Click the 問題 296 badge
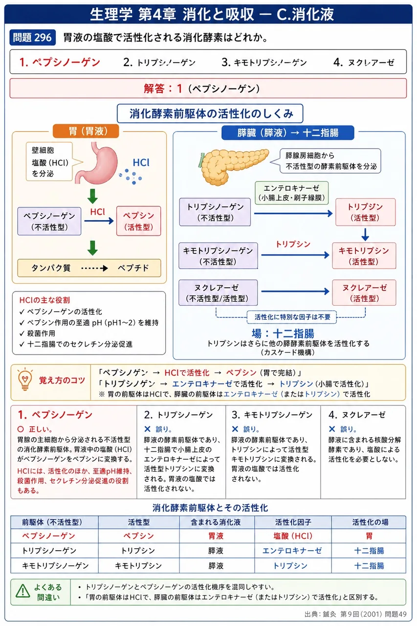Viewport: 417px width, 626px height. (32, 38)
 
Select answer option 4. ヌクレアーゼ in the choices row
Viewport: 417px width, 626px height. (364, 62)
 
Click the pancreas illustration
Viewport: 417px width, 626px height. (234, 167)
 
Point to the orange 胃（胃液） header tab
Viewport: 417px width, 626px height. (86, 131)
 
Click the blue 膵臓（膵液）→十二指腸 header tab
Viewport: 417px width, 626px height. (287, 133)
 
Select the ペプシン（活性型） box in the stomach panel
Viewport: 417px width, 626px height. (138, 221)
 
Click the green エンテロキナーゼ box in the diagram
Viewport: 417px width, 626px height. (291, 193)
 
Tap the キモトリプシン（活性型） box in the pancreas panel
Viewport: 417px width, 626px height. (364, 256)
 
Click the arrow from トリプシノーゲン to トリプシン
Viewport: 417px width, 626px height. (293, 214)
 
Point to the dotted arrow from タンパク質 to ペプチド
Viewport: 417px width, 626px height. (94, 268)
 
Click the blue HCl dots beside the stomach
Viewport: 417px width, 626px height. (131, 177)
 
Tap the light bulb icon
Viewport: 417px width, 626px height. (25, 379)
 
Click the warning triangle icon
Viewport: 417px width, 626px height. (22, 591)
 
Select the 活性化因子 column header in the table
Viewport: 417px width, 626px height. (293, 522)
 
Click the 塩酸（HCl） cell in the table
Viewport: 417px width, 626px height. (293, 536)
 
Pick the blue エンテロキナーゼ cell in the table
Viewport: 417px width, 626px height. (292, 551)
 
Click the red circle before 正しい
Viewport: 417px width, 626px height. (21, 429)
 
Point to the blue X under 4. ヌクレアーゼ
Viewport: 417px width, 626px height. (332, 429)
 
